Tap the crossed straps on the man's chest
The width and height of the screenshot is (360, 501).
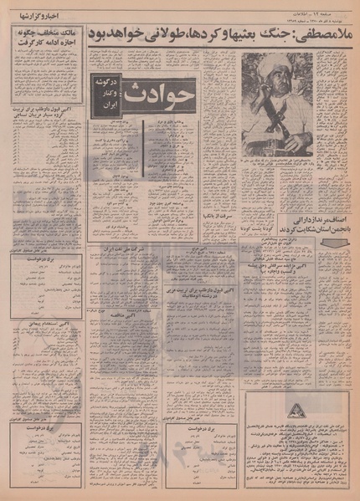(276, 117)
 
